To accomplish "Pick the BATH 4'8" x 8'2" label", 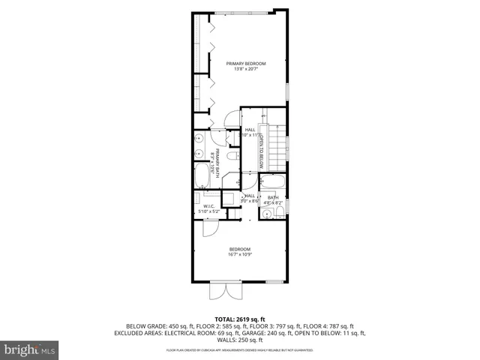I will [273, 200].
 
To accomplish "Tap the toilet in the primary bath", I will [232, 156].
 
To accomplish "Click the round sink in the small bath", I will [266, 214].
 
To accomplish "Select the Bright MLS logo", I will [30, 349].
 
